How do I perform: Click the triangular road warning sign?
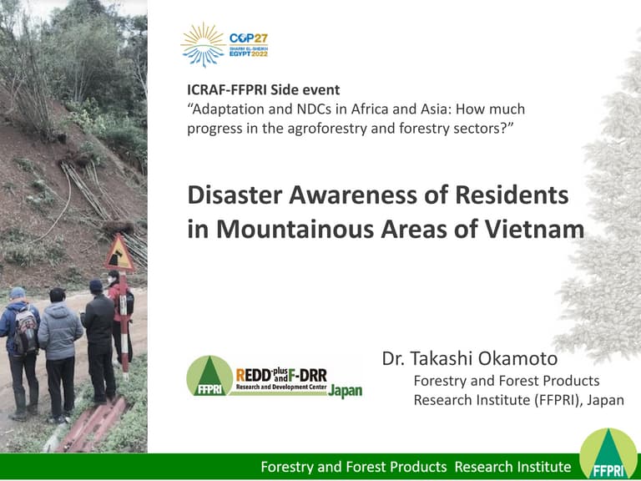click(x=119, y=255)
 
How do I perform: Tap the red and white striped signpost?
click(x=123, y=326)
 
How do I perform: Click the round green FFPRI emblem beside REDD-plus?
click(x=209, y=376)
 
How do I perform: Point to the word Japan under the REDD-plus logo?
click(x=345, y=392)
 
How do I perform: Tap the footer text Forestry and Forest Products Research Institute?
click(x=416, y=467)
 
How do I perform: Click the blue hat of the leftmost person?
click(x=18, y=293)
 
